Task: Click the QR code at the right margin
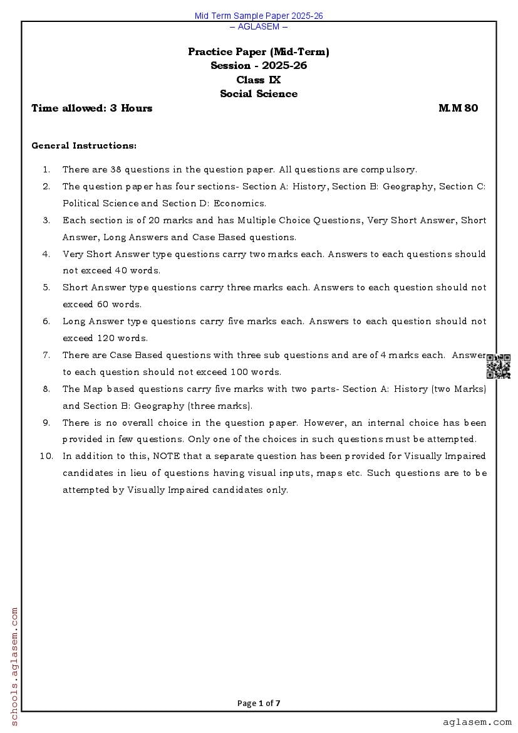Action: (x=499, y=366)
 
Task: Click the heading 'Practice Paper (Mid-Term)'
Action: (x=259, y=52)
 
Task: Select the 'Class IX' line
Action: (x=259, y=80)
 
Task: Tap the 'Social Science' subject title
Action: (x=259, y=94)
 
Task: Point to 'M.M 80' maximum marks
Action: (x=458, y=108)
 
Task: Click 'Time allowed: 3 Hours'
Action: (x=92, y=108)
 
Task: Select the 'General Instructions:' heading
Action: (x=84, y=145)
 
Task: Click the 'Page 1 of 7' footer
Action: (x=259, y=703)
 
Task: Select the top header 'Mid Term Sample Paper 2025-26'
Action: (x=259, y=16)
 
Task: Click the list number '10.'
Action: (x=46, y=456)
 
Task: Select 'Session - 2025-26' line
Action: (x=259, y=66)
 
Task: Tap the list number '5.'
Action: (x=46, y=287)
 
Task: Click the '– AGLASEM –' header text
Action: (x=259, y=26)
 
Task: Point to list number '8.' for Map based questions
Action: (x=46, y=389)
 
